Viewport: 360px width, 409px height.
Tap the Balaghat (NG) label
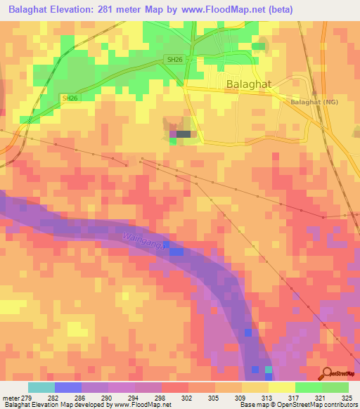click(316, 101)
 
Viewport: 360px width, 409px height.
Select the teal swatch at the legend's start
click(41, 387)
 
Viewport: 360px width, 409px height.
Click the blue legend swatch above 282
click(68, 387)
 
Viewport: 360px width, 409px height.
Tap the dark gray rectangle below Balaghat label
click(184, 134)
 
